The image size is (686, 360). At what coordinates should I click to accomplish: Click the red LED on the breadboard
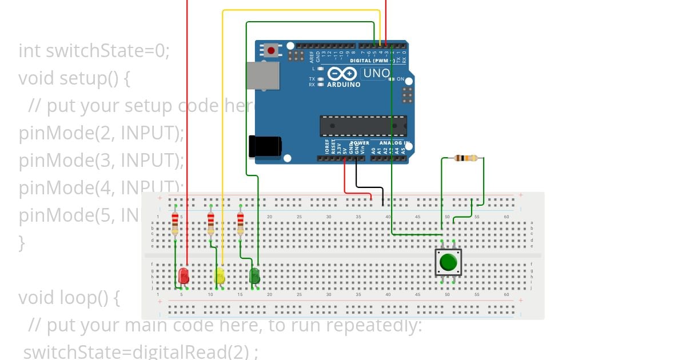[184, 276]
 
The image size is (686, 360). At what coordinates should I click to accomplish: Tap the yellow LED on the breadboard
[220, 276]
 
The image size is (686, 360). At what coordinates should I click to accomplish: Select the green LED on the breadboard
[255, 276]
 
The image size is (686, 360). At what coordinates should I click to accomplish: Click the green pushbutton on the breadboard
[448, 262]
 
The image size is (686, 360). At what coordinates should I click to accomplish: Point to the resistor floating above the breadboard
[466, 158]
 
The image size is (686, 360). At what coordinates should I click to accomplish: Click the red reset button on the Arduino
[272, 51]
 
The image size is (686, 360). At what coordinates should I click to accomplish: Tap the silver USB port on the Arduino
[263, 75]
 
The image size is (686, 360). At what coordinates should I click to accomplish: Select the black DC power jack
[264, 146]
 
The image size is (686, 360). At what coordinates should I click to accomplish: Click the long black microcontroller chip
[363, 126]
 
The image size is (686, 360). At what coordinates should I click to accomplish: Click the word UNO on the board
[377, 73]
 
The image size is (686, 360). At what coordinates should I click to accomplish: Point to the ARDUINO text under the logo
[343, 85]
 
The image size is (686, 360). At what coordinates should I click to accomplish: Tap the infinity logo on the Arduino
[342, 74]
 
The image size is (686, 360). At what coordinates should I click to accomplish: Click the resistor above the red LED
[176, 223]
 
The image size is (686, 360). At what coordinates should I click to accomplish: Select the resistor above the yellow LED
[211, 223]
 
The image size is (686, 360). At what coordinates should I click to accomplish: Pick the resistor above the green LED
[240, 223]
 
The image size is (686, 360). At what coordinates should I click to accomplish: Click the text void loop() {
[69, 298]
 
